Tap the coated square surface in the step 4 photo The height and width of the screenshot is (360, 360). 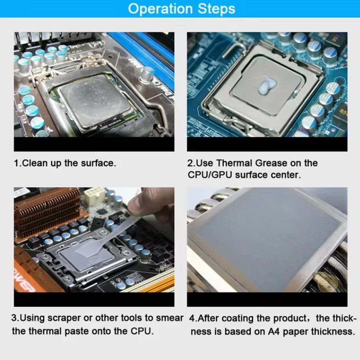point(265,234)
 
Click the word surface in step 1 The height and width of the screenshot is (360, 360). point(98,163)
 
